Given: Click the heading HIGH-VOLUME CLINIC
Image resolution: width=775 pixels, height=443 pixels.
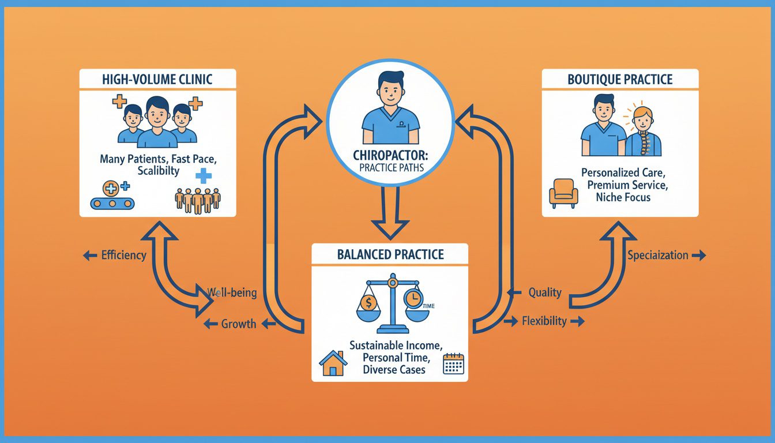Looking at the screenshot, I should coord(157,80).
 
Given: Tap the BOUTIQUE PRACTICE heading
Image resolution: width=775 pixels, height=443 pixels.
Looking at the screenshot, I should coord(620,79).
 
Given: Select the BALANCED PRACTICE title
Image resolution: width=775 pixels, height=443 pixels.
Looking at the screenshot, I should coord(390,254).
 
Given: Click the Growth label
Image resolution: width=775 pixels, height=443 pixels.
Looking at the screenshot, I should coord(238,324).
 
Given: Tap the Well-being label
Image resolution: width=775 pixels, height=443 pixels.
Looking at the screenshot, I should coord(232,293).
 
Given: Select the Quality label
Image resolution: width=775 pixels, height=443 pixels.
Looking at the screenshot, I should coord(544,292).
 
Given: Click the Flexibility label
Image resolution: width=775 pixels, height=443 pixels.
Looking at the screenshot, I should coord(543,321).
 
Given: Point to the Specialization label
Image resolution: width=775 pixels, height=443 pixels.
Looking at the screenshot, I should coord(658,255).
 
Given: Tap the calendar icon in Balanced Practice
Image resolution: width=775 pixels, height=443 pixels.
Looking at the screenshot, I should coord(453,365).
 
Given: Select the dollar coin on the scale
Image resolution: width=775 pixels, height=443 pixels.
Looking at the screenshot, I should coord(367,302).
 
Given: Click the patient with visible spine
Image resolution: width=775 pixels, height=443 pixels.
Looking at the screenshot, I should coord(642,134).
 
